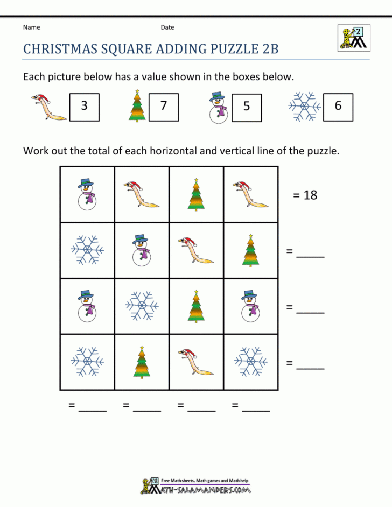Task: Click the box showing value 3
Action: [x=84, y=106]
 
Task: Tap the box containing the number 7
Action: [x=163, y=106]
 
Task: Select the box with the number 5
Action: [x=246, y=106]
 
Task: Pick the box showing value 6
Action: [x=338, y=106]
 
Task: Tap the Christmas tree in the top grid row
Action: [x=196, y=194]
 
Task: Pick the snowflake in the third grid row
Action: [x=142, y=306]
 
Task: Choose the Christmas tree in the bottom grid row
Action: [x=142, y=362]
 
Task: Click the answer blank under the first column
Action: [x=92, y=408]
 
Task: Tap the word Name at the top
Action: [x=31, y=27]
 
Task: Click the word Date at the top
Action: [x=167, y=27]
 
